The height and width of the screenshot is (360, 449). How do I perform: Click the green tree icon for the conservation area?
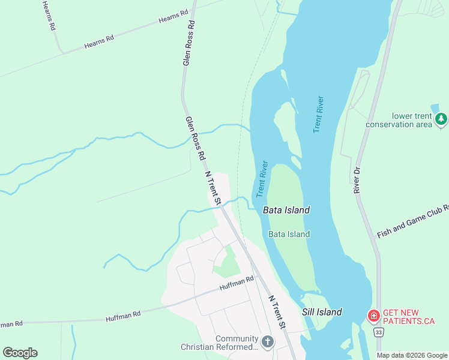pyautogui.click(x=442, y=119)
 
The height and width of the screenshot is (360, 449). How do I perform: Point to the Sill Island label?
pyautogui.click(x=322, y=312)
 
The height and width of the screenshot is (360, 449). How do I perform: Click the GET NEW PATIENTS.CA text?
pyautogui.click(x=408, y=316)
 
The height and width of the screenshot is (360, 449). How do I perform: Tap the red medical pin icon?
pyautogui.click(x=373, y=315)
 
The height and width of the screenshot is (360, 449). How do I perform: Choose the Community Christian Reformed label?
pyautogui.click(x=220, y=343)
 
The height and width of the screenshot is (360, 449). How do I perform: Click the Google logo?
pyautogui.click(x=20, y=353)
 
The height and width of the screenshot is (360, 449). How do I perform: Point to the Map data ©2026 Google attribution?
pyautogui.click(x=412, y=355)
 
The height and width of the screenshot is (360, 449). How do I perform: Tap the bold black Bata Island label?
pyautogui.click(x=286, y=210)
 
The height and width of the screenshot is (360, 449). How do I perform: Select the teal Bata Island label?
pyautogui.click(x=289, y=234)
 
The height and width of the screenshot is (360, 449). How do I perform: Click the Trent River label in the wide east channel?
pyautogui.click(x=318, y=114)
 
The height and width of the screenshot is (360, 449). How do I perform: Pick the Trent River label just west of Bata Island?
pyautogui.click(x=262, y=179)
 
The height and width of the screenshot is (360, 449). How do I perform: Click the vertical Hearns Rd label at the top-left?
pyautogui.click(x=49, y=16)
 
